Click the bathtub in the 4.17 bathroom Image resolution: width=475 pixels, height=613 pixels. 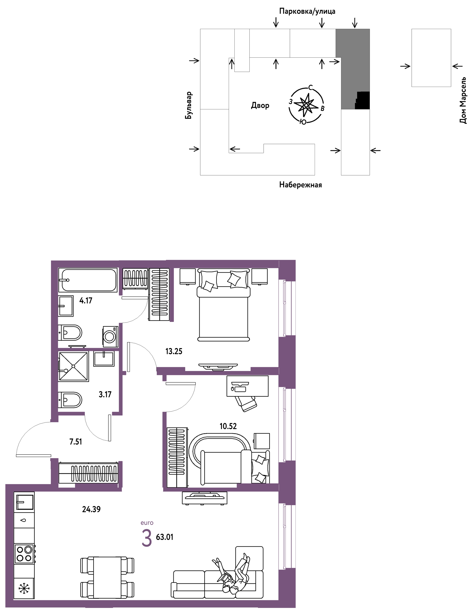click(x=88, y=280)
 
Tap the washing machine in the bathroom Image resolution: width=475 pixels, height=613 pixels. click(x=110, y=336)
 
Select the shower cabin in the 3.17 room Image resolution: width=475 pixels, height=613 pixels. click(x=73, y=366)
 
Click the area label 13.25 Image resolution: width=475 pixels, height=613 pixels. click(x=174, y=351)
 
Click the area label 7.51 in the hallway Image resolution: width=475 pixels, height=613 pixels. click(x=75, y=442)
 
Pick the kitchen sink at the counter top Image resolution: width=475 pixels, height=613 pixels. click(x=24, y=502)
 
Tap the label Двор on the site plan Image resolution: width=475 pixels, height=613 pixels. click(x=260, y=106)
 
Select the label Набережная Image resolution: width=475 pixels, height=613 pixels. click(x=300, y=185)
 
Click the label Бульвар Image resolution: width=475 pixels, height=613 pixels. click(x=188, y=105)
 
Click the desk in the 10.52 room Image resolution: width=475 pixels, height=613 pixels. click(x=247, y=386)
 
